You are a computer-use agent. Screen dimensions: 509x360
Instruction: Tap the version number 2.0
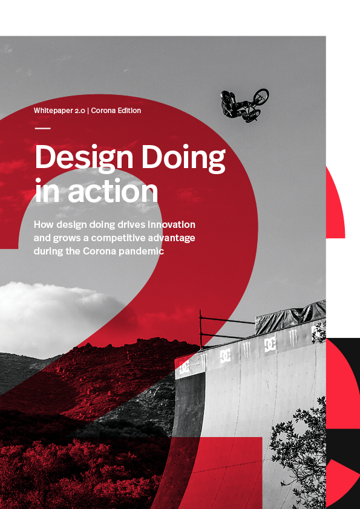click(81, 111)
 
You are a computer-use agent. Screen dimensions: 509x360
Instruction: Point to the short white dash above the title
click(42, 128)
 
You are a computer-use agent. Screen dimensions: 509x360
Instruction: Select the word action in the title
click(113, 190)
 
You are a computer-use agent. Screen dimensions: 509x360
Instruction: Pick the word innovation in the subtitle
click(172, 225)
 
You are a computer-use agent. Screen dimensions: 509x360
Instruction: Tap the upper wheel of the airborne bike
click(261, 96)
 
